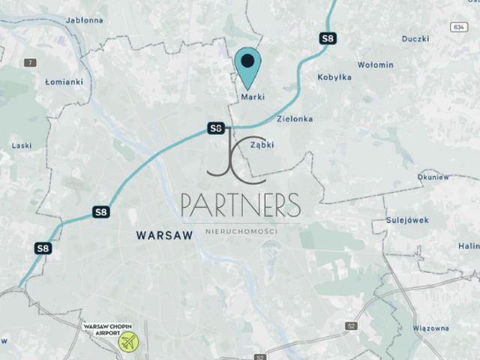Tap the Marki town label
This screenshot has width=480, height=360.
click(253, 97)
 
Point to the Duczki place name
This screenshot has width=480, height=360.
click(415, 38)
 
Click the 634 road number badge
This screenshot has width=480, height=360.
click(460, 27)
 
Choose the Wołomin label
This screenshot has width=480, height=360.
click(374, 65)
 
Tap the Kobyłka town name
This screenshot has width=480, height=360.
click(334, 77)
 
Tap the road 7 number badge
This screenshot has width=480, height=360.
click(30, 62)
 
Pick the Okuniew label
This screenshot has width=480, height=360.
click(433, 177)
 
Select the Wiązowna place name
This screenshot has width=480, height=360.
click(430, 328)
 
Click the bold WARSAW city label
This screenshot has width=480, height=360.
click(164, 235)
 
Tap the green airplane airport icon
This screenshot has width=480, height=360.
click(129, 342)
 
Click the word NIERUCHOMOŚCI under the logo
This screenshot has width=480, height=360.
click(241, 230)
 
